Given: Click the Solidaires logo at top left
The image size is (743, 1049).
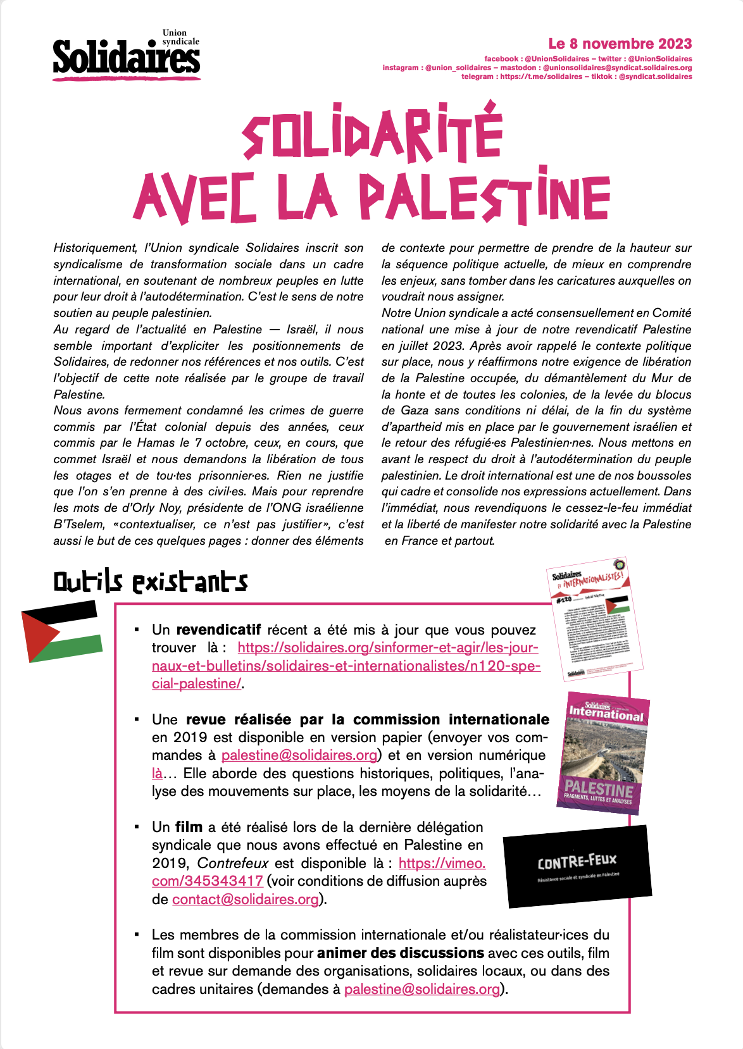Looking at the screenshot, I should [127, 56].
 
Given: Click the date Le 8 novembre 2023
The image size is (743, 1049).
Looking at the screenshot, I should [620, 44].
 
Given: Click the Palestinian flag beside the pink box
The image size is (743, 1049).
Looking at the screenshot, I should [61, 631].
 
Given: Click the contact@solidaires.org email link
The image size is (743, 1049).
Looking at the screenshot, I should [245, 900].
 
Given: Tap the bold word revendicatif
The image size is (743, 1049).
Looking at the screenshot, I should [218, 630].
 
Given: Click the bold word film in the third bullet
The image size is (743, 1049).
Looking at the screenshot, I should [189, 828].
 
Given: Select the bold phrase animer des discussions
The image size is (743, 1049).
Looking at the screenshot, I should [400, 953].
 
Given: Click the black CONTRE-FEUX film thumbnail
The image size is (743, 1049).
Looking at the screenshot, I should [577, 865].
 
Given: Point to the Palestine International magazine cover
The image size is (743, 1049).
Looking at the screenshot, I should [603, 754].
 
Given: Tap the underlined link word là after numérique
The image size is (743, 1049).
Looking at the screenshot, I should [157, 774].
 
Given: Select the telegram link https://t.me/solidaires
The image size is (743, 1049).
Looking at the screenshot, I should [540, 77].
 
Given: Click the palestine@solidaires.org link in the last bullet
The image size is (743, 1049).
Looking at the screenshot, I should [422, 990].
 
